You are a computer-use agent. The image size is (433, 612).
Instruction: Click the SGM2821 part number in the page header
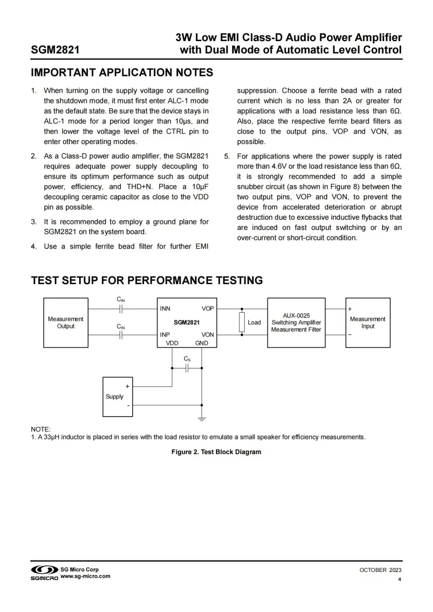point(56,50)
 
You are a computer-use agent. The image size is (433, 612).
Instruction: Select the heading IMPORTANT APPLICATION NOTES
point(122,73)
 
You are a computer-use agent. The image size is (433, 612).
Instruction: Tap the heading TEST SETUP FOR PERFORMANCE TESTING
point(147,280)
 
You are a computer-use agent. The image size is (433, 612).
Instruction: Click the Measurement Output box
point(65,323)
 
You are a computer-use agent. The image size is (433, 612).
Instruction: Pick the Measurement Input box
point(368,323)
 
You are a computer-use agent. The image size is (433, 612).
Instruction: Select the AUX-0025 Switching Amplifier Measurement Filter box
point(296,323)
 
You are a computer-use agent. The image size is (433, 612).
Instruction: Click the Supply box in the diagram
point(117,397)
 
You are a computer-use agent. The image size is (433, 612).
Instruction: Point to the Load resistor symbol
point(242,322)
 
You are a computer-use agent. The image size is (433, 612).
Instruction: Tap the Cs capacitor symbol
point(187,368)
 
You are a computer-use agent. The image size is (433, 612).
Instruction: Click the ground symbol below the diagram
point(202,418)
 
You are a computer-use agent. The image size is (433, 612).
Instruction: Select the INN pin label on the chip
point(165,309)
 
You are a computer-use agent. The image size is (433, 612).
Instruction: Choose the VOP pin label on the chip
point(208,309)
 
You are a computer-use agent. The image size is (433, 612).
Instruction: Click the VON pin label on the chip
point(208,335)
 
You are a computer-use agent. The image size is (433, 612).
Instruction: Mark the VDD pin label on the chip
point(172,343)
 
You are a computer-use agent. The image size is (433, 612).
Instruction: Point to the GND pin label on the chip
point(201,343)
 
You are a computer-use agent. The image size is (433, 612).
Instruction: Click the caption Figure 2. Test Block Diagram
point(216,452)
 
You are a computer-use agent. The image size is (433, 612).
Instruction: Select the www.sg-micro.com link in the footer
point(86,576)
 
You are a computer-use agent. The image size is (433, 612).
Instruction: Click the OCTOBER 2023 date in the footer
point(380,570)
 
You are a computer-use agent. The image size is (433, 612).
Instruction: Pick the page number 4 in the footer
point(399,580)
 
